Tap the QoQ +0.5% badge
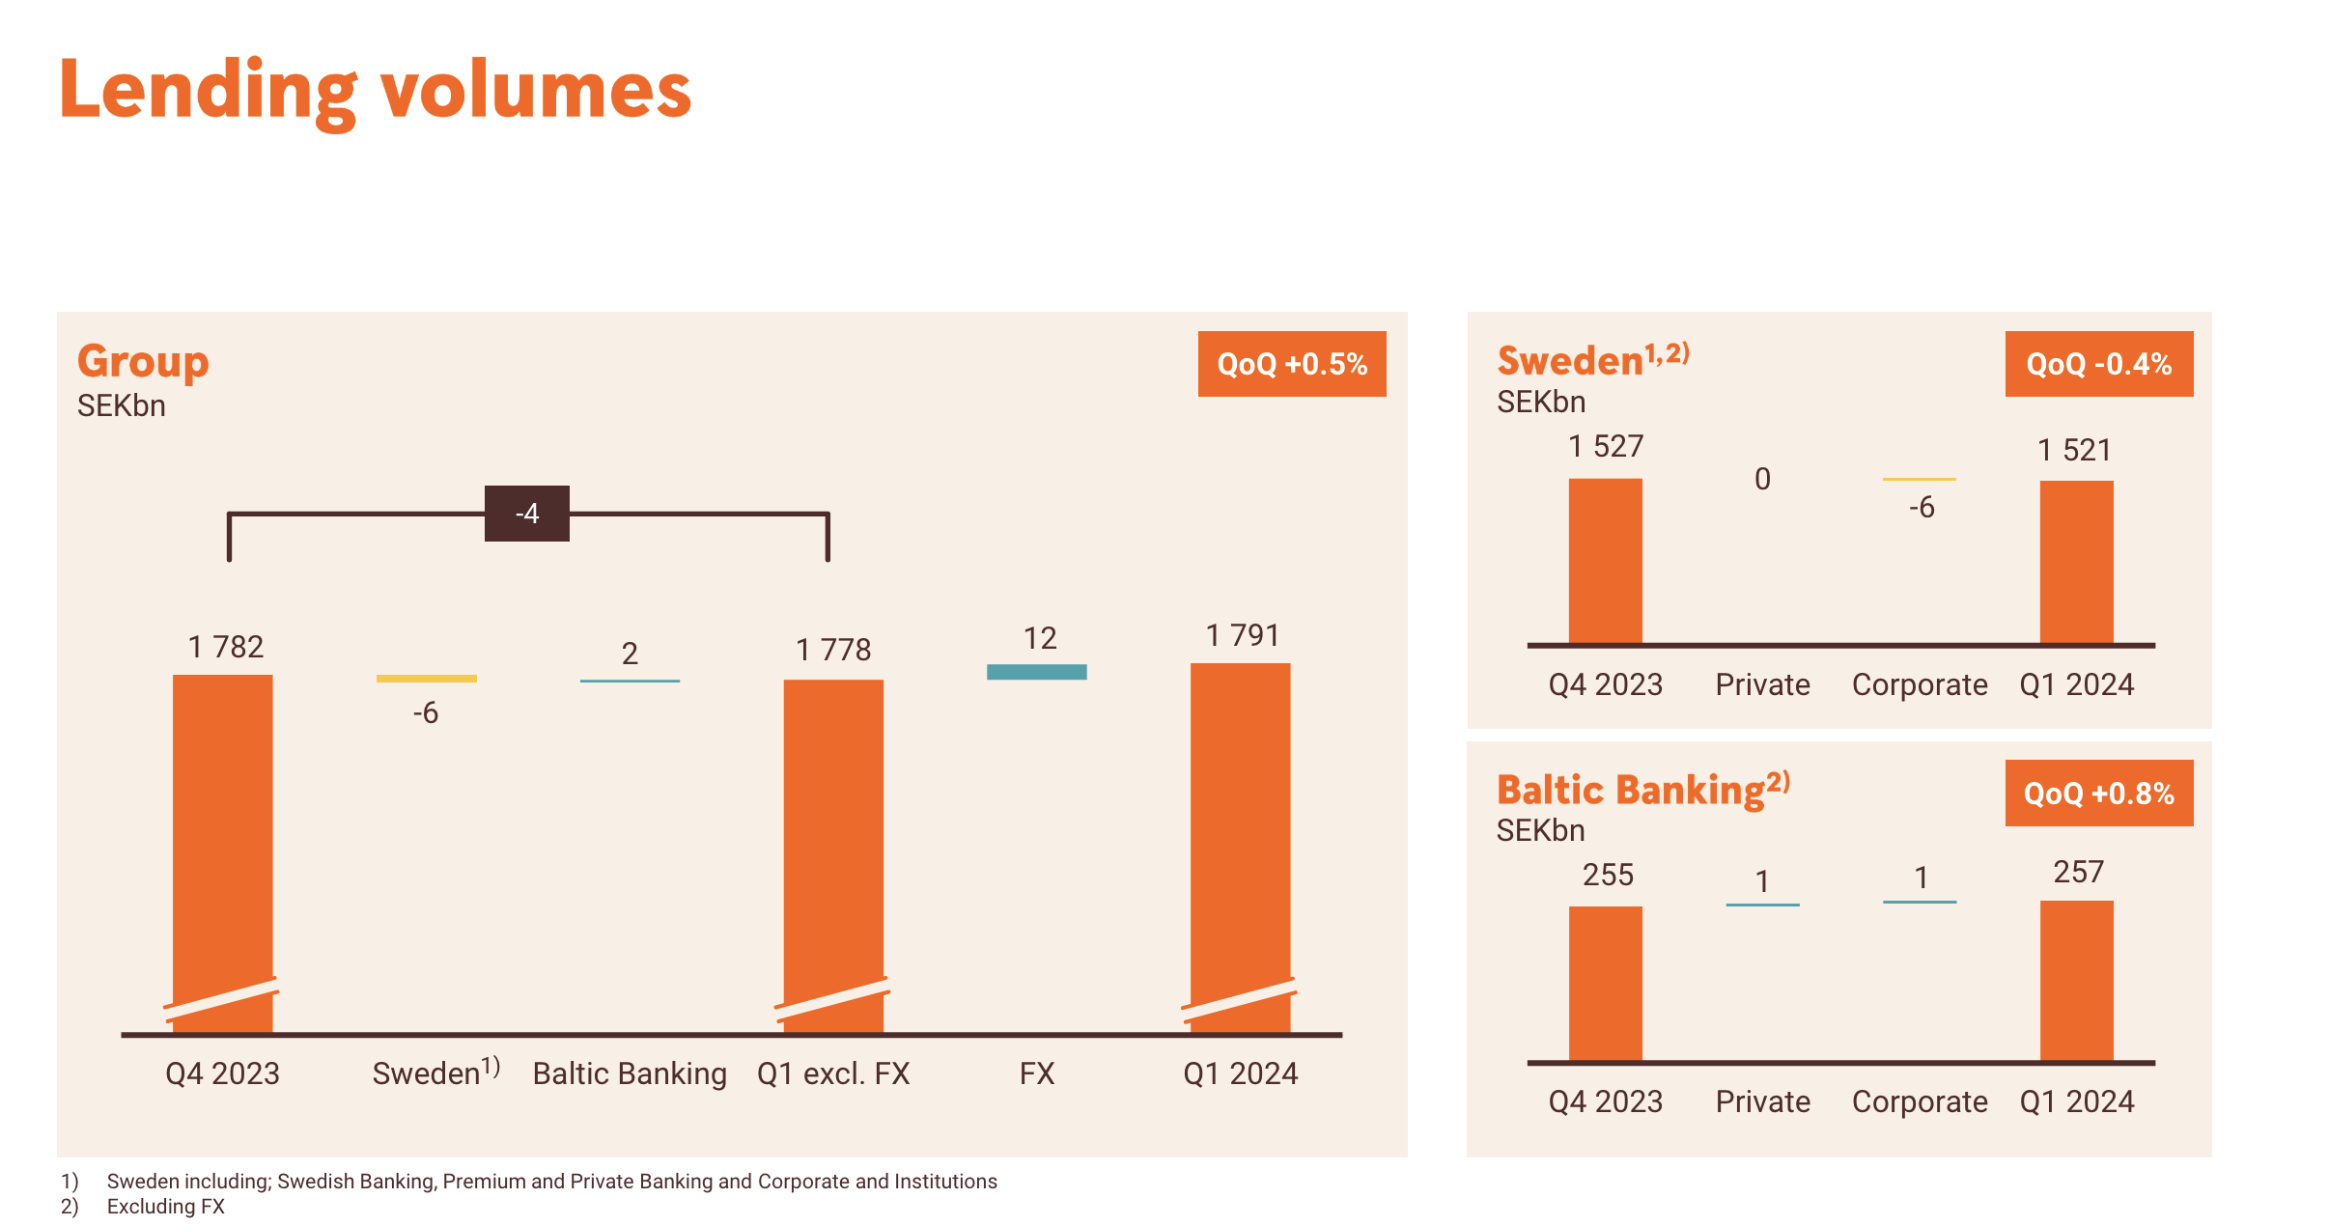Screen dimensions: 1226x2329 coord(1291,364)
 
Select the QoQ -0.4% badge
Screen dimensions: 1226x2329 coord(2098,364)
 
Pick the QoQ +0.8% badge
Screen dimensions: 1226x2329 coord(2098,794)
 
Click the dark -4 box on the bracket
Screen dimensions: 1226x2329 coord(526,514)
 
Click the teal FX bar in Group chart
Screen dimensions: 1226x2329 coord(1036,672)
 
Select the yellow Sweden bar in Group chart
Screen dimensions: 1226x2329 coord(426,679)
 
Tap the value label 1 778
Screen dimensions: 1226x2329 coord(832,650)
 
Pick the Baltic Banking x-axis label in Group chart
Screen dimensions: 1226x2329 coord(630,1073)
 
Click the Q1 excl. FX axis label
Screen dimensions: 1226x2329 coord(832,1073)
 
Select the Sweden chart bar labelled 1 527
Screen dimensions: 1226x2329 coord(1605,560)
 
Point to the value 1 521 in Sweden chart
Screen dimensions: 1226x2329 coord(2074,450)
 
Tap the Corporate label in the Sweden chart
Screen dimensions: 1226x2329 coord(1919,684)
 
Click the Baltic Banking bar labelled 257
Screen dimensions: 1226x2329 coord(2076,980)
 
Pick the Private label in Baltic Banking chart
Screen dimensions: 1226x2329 coord(1762,1101)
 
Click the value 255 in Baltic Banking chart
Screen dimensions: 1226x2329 coord(1608,875)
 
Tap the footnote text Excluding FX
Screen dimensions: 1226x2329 coord(165,1207)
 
